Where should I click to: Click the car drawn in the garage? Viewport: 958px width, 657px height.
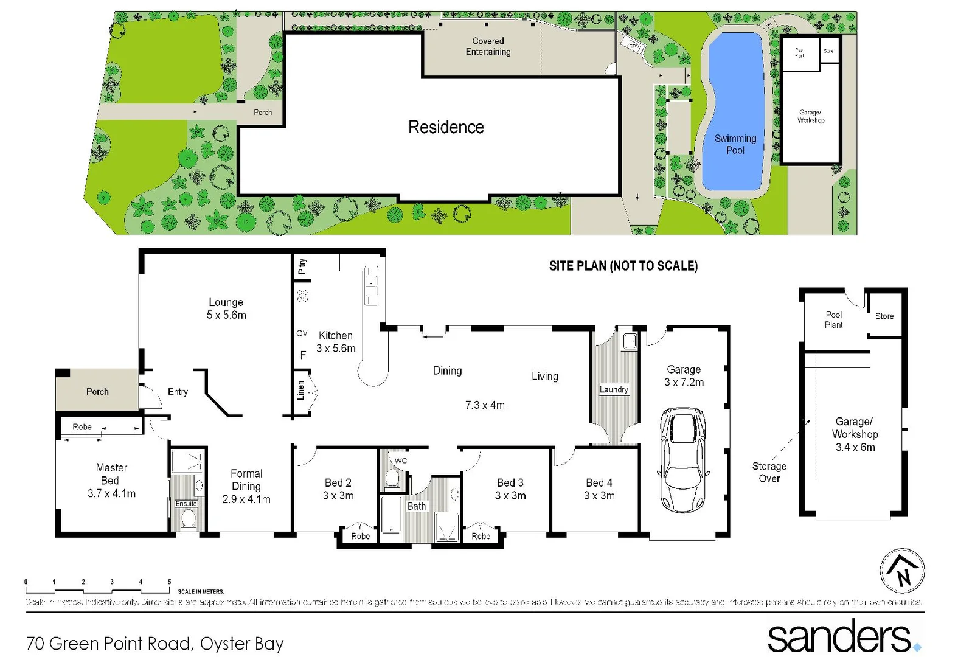tap(683, 459)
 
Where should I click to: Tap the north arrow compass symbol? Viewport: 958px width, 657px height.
tap(902, 571)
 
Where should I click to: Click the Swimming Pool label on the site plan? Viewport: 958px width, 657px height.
tap(735, 144)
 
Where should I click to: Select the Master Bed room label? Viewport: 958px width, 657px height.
tap(111, 480)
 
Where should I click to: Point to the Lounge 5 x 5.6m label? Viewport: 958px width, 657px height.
tap(226, 308)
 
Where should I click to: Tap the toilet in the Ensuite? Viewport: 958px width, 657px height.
tap(188, 520)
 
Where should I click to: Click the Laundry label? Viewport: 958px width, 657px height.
tap(614, 389)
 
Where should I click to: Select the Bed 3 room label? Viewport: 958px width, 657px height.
tap(510, 488)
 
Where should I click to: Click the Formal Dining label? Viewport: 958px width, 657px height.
tap(246, 486)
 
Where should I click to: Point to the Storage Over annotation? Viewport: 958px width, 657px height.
tap(769, 472)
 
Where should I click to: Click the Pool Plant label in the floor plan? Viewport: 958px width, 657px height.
tap(833, 319)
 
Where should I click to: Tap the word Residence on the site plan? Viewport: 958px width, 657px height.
tap(446, 127)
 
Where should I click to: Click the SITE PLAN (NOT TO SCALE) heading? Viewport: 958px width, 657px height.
tap(623, 266)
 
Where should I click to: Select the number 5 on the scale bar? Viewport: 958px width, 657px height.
tap(169, 582)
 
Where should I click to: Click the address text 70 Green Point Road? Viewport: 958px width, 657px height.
tap(155, 643)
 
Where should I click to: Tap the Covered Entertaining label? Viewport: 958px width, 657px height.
tap(488, 46)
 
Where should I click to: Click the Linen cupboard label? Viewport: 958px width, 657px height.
tap(300, 390)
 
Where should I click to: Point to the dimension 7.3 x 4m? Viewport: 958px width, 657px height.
tap(485, 405)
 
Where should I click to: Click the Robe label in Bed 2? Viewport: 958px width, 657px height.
tap(360, 536)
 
